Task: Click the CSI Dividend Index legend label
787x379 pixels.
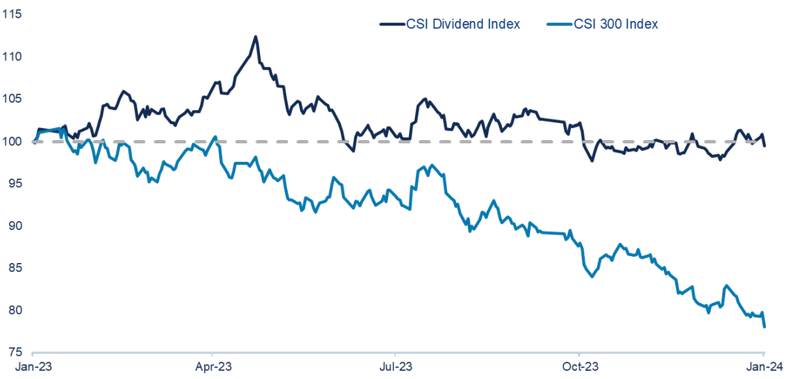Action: (463, 24)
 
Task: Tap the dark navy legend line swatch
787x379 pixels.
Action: (392, 24)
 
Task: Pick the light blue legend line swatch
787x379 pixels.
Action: (560, 24)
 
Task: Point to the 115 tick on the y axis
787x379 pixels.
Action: (11, 14)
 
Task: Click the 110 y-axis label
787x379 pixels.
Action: (11, 57)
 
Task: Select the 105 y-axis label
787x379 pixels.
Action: (11, 99)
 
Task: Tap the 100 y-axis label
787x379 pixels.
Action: (11, 141)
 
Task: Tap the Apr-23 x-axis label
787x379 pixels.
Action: (212, 368)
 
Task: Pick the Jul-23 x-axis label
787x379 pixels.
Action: (395, 368)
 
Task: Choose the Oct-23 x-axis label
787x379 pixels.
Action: (579, 368)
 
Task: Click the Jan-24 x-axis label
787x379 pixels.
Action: (763, 368)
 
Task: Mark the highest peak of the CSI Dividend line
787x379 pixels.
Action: (256, 37)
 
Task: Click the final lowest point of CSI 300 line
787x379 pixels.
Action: (764, 326)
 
